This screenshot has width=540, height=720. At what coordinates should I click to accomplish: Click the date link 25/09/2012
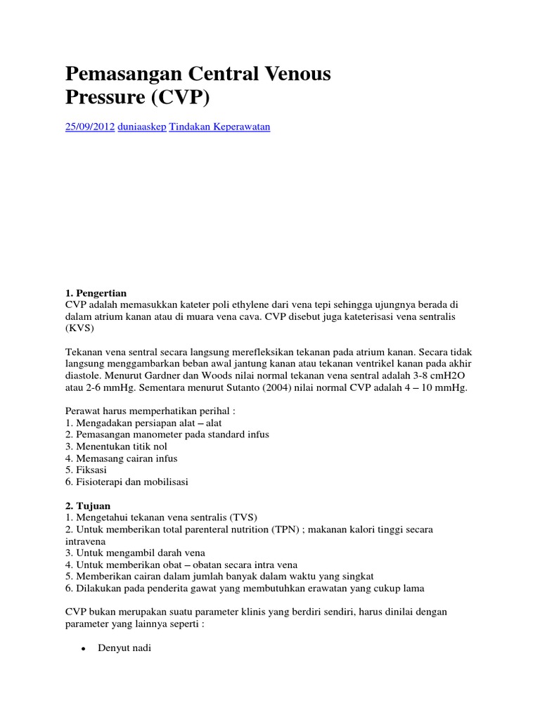pyautogui.click(x=89, y=127)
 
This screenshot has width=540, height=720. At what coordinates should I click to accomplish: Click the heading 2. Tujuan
pyautogui.click(x=88, y=506)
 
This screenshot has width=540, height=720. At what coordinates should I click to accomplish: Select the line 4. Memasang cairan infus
pyautogui.click(x=121, y=458)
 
